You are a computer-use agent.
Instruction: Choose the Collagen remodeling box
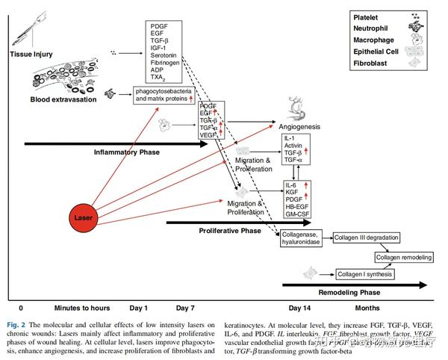point(404,257)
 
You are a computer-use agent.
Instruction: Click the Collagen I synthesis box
point(365,274)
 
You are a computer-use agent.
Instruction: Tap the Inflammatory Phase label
point(126,152)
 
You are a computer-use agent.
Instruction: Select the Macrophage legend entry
point(373,40)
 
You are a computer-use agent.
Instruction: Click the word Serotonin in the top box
point(165,55)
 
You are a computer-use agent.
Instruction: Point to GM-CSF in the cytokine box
point(298,214)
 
